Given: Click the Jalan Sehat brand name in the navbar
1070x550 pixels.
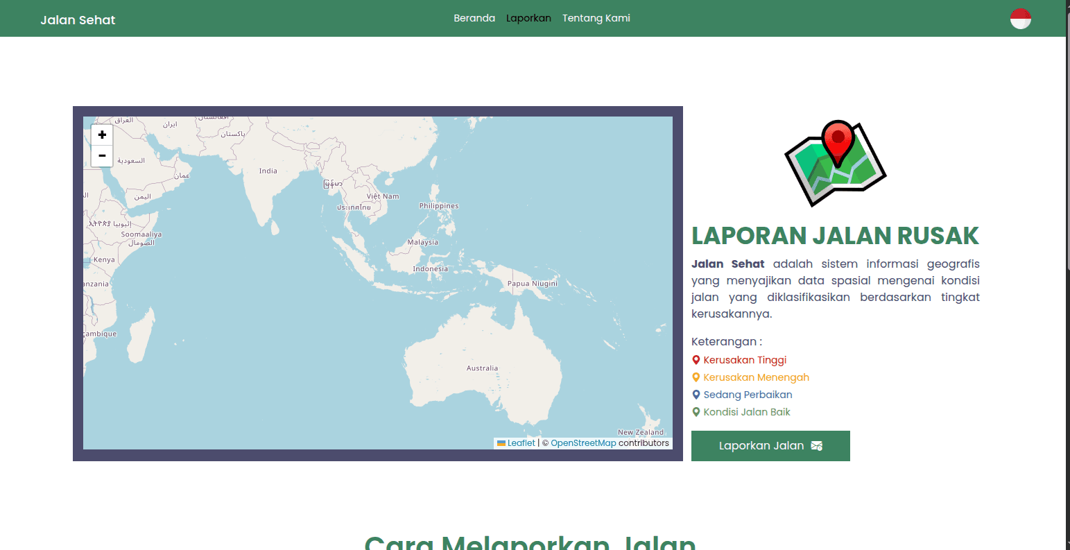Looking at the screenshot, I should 78,20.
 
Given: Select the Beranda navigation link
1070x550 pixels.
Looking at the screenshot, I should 474,18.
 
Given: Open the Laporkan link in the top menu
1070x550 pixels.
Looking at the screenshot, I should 528,18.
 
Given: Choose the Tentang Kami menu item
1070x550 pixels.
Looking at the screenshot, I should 596,18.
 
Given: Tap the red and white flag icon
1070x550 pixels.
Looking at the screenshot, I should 1020,19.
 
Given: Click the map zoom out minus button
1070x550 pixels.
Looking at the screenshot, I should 102,156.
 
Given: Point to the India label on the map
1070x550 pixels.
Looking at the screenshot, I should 268,171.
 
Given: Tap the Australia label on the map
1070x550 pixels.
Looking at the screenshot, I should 482,368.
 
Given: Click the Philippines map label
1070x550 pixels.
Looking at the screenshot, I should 439,206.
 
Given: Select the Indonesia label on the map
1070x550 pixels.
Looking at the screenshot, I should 431,269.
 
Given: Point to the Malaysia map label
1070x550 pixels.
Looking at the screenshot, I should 423,242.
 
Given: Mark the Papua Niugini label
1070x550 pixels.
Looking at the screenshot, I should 533,284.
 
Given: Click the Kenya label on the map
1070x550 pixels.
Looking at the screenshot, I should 104,260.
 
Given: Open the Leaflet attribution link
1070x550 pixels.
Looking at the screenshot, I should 521,443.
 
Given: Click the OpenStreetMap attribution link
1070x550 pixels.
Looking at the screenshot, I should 583,443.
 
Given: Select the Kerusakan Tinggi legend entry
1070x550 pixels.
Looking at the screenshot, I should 745,360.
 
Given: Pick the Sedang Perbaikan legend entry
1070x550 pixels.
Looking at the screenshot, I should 748,395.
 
